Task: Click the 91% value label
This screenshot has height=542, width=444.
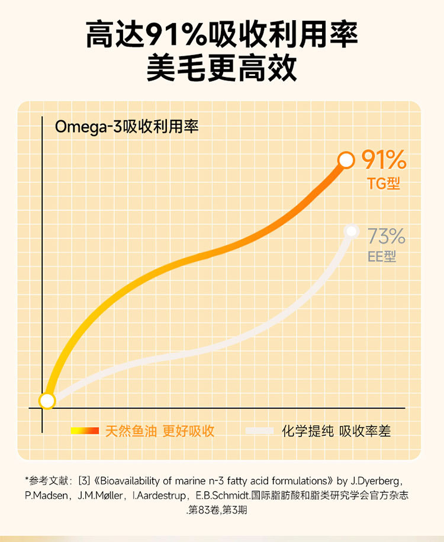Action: (x=384, y=160)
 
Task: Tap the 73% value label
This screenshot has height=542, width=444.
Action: (x=386, y=236)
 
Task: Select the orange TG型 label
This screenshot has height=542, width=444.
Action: (x=384, y=184)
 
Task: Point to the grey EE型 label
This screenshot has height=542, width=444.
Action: (x=382, y=256)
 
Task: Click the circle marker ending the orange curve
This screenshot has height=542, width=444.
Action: (x=346, y=160)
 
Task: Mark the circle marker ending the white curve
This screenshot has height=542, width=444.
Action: (x=352, y=231)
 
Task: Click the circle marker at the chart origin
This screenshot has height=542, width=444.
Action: (x=47, y=401)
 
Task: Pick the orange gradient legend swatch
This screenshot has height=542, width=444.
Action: (x=85, y=431)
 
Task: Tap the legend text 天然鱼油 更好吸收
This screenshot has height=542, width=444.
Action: (x=160, y=431)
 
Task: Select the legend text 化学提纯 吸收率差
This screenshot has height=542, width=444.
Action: (x=336, y=431)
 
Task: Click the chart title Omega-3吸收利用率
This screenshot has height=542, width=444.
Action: (x=127, y=127)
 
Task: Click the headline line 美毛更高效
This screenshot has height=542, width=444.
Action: (x=221, y=69)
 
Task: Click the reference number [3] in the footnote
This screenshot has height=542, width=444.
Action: (x=83, y=480)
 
